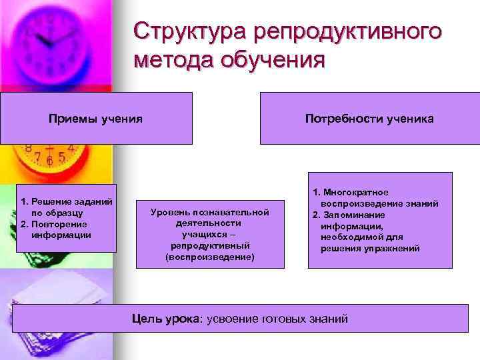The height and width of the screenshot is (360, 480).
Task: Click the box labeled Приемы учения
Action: [x=96, y=119]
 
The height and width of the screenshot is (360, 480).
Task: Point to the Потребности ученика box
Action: [x=369, y=119]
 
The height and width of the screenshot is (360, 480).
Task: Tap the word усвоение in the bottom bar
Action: [x=233, y=319]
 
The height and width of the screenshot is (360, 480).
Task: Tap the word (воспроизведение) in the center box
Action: [x=210, y=257]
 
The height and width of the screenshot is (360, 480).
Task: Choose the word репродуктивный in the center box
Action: [x=210, y=245]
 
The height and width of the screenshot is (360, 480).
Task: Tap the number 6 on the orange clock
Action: [x=51, y=161]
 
